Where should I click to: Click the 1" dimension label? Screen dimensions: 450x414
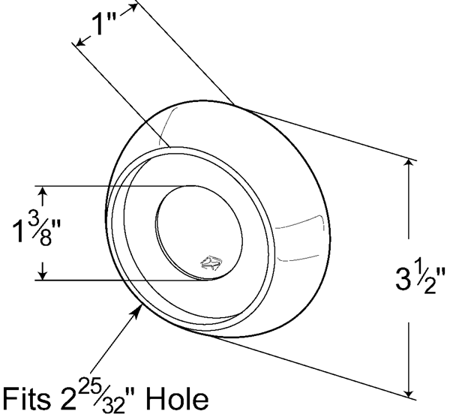point(104,25)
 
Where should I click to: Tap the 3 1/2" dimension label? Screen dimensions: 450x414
point(420,278)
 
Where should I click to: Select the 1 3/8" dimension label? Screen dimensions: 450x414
point(37,229)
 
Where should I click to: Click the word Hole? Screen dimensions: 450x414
point(177,399)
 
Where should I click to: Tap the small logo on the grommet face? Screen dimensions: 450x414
point(211,262)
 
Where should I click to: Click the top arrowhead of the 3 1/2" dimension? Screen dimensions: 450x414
point(409,164)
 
